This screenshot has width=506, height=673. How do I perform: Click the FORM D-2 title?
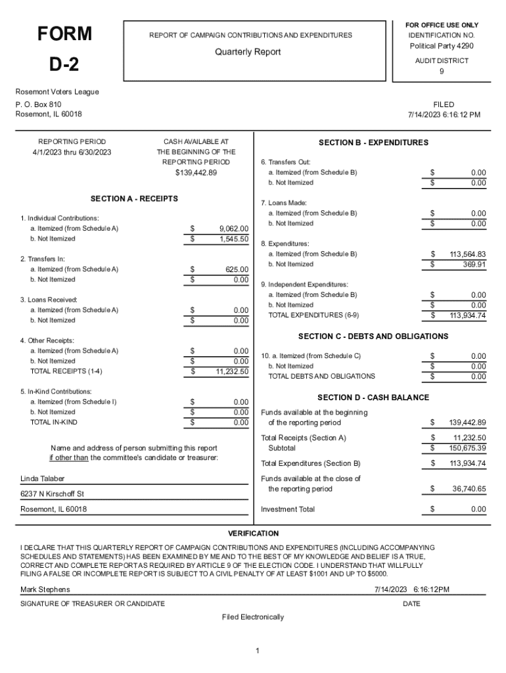pos(64,49)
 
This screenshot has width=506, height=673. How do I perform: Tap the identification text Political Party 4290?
pos(442,46)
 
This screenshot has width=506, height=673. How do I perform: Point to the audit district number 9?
pos(442,72)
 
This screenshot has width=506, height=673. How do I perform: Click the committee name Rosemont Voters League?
pos(57,92)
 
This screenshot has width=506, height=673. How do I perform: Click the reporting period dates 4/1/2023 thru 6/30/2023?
pos(72,152)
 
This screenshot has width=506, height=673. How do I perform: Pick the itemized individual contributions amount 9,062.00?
pos(233,229)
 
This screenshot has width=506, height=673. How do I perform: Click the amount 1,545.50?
pos(233,239)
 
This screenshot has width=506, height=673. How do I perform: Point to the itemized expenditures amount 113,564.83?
pos(467,254)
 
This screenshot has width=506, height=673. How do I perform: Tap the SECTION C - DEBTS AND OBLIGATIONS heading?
pos(373,336)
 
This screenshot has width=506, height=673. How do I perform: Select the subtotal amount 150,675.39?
pos(468,448)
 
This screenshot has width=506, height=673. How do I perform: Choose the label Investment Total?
pos(288,509)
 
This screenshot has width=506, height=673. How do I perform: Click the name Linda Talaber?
pos(43,478)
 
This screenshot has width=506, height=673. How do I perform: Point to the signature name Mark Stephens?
pos(45,590)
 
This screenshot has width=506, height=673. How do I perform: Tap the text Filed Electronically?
pos(253,617)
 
